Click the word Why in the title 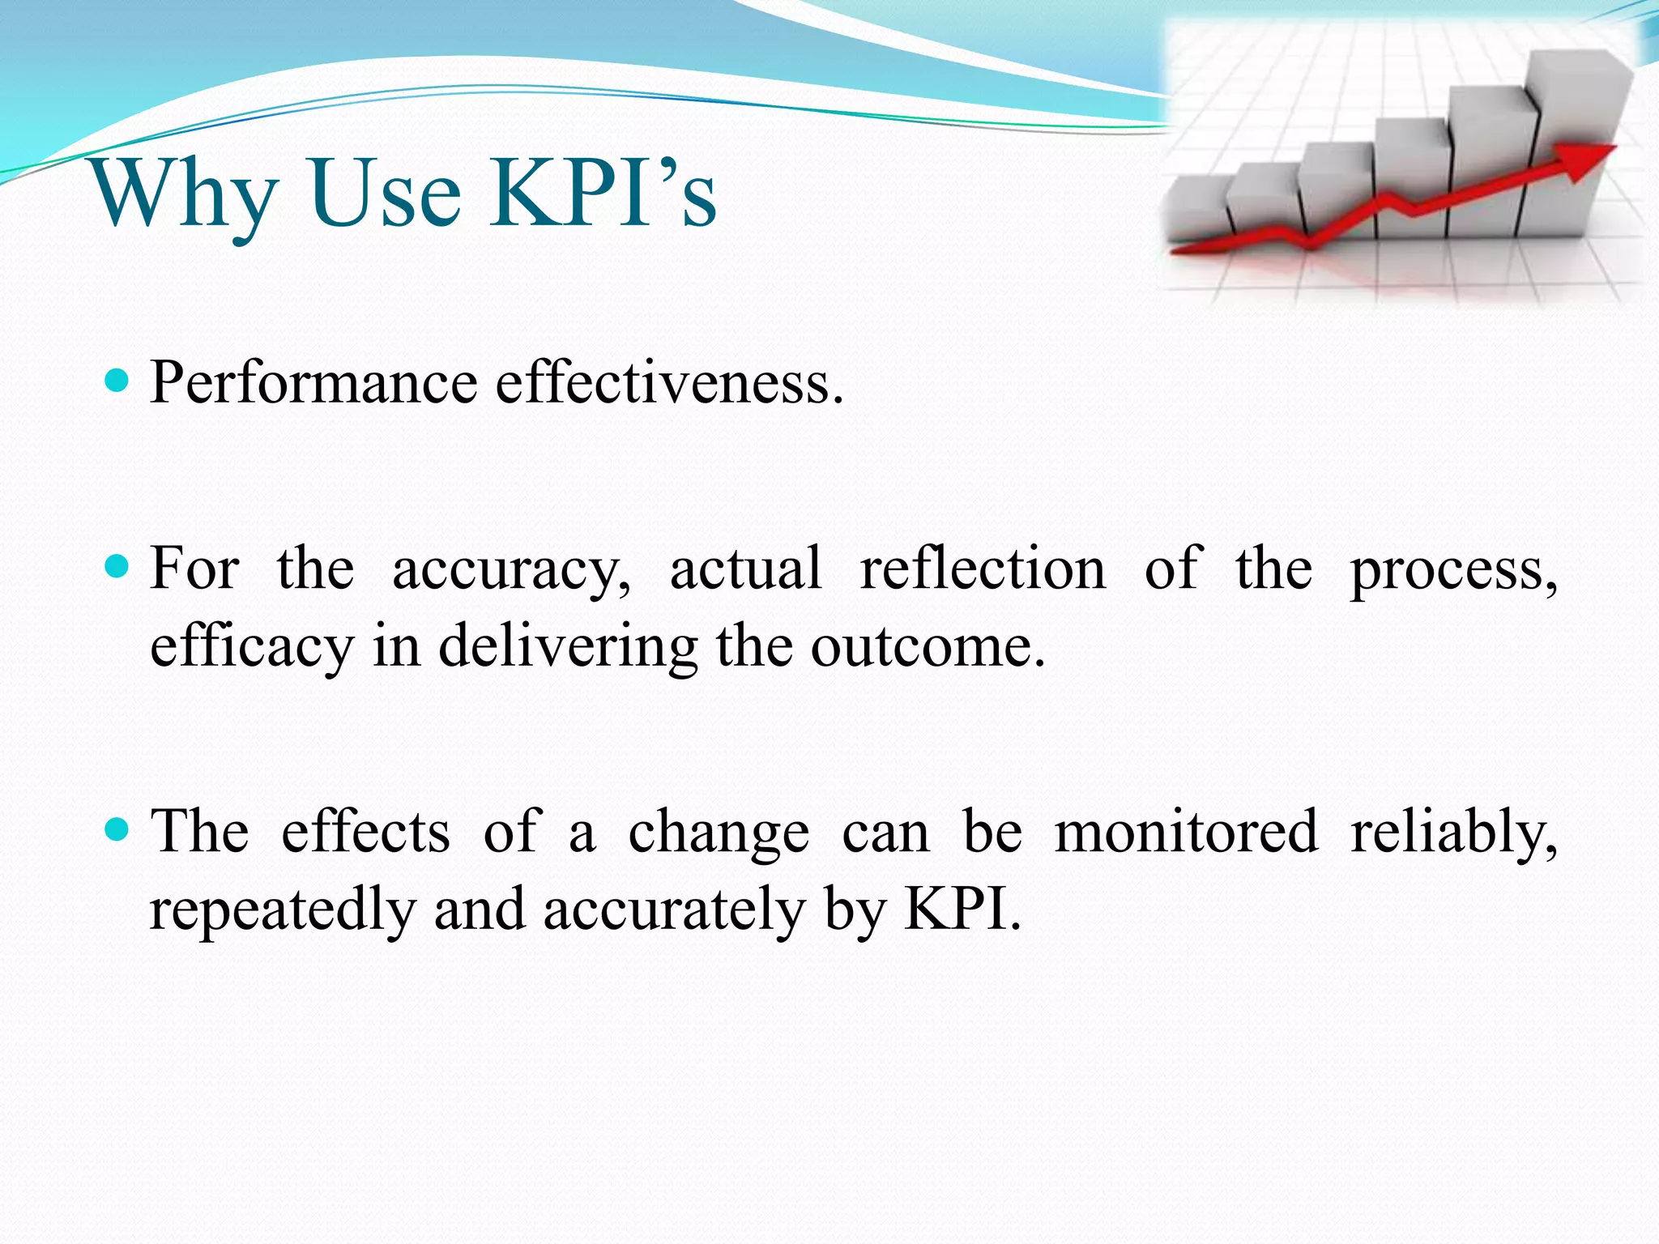click(x=185, y=194)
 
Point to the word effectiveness click(x=669, y=382)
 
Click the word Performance click(x=314, y=384)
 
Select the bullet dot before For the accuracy click(x=118, y=565)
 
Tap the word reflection click(x=982, y=569)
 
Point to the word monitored click(x=1186, y=832)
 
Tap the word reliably click(x=1454, y=833)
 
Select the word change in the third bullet click(x=719, y=833)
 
